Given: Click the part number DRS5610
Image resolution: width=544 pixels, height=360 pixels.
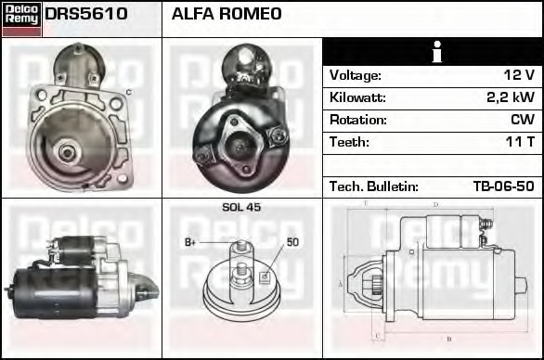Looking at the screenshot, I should click(x=86, y=15).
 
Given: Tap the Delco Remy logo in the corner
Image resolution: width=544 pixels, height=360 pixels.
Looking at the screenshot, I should click(x=21, y=18).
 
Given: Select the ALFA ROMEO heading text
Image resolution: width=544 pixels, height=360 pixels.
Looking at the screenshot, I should click(x=227, y=15).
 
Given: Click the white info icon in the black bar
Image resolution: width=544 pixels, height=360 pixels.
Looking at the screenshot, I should click(x=434, y=52).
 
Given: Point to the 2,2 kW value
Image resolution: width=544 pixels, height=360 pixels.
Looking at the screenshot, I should click(x=511, y=97).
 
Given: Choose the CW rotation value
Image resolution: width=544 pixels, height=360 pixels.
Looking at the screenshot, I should click(x=522, y=120).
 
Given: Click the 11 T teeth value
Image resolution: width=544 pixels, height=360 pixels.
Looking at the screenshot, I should click(x=519, y=142).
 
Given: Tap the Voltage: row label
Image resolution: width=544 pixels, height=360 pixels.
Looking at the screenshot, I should click(x=356, y=75).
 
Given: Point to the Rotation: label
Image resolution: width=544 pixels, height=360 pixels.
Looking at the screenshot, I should click(x=359, y=120).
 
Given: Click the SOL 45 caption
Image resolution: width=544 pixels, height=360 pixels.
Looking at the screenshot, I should click(x=241, y=207).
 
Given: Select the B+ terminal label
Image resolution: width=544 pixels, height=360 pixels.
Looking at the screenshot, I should click(x=190, y=243).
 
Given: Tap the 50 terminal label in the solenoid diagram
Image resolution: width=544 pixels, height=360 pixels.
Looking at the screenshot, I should click(x=292, y=243).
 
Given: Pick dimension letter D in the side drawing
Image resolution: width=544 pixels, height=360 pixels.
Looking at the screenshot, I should click(x=434, y=204).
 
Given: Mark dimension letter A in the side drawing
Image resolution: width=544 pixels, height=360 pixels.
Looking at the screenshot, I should click(x=342, y=283).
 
